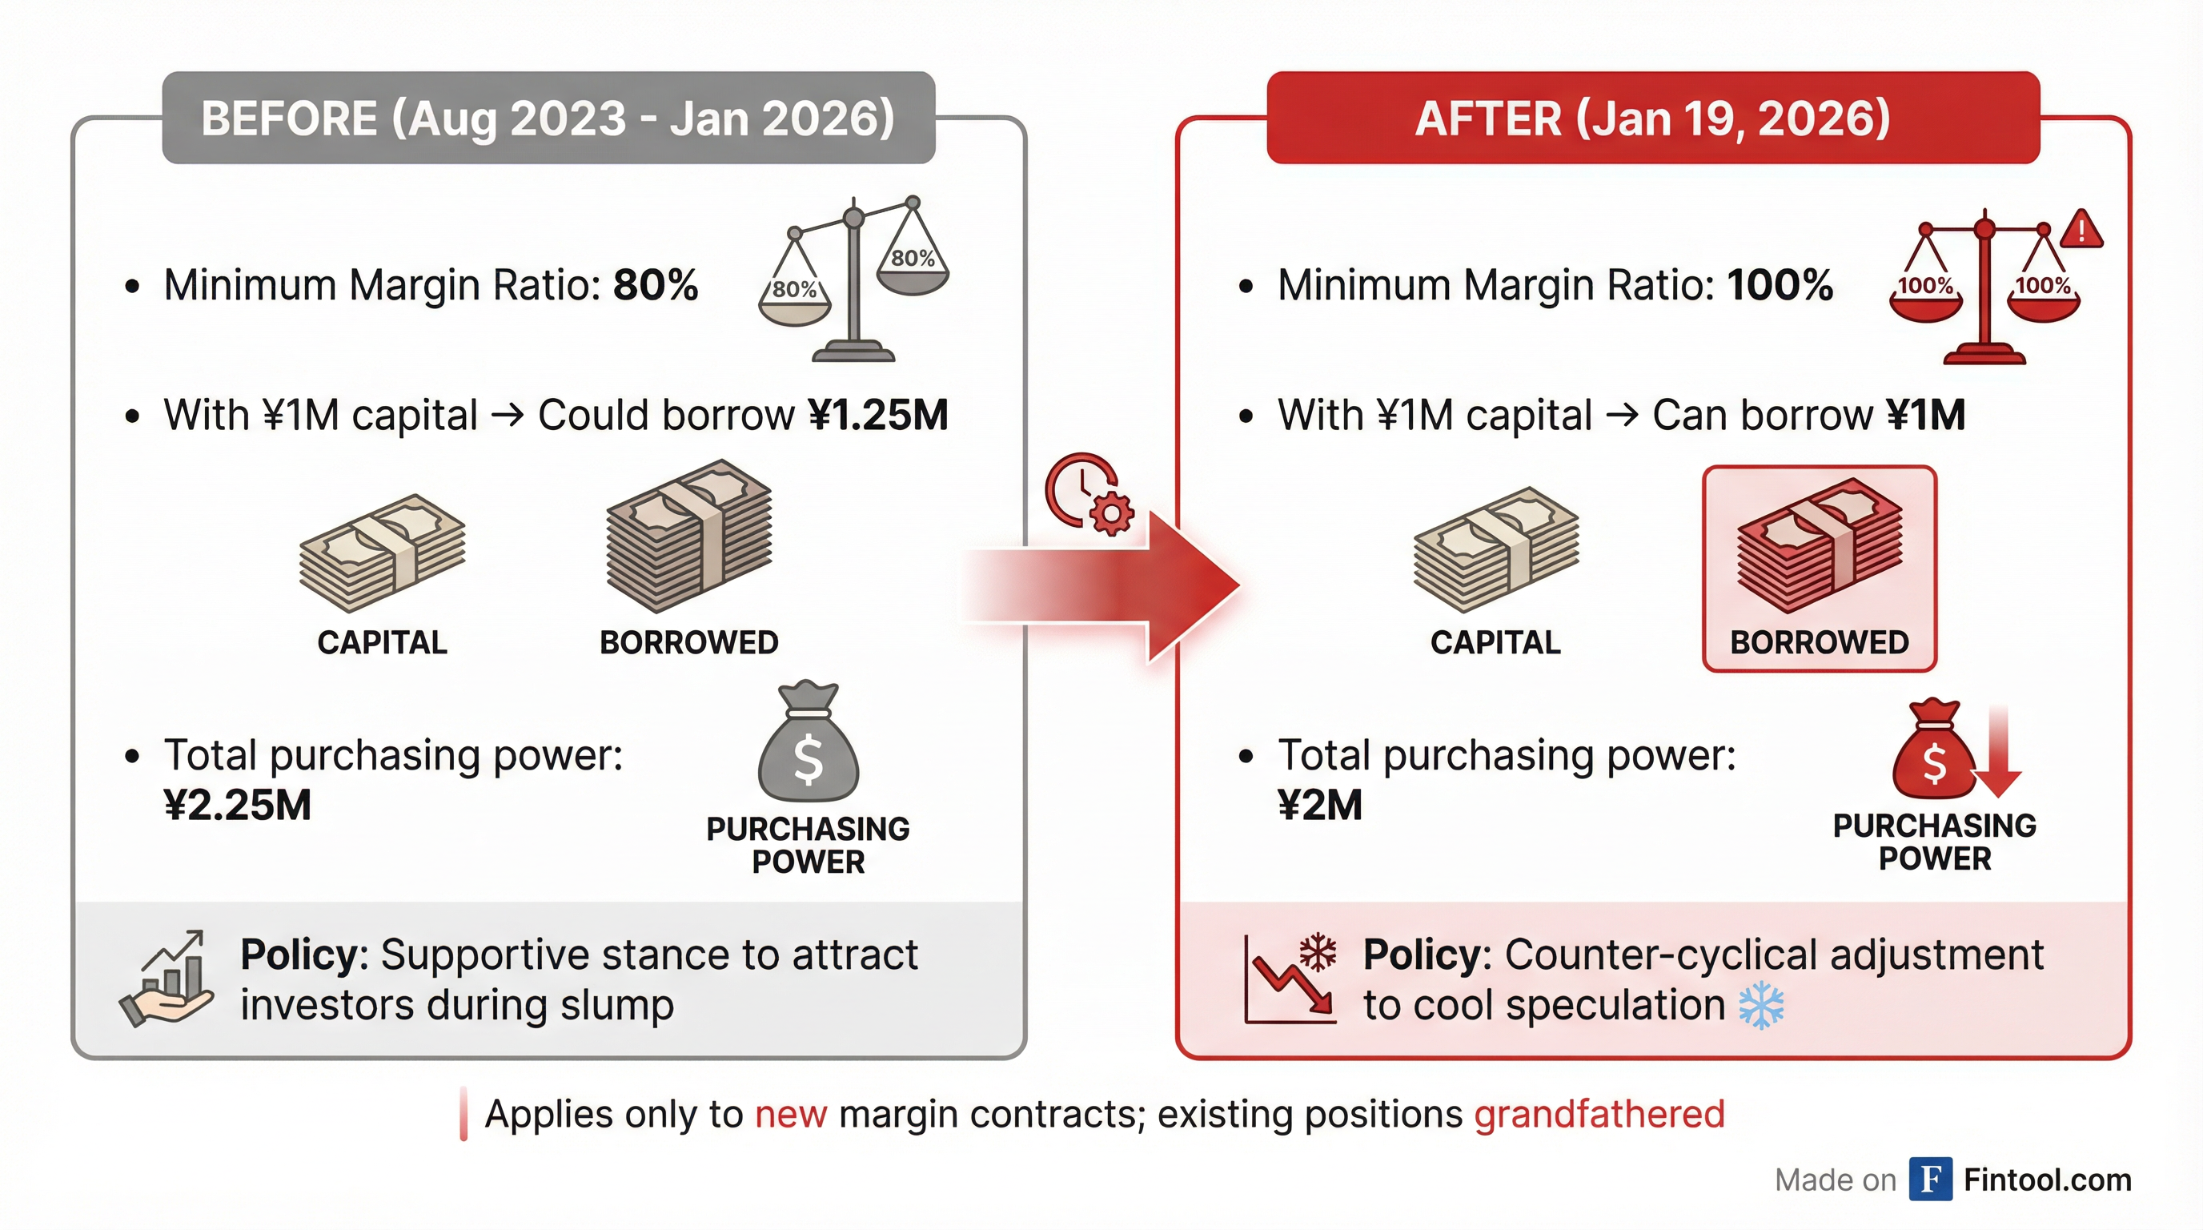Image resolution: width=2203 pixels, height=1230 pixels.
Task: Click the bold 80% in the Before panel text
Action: pyautogui.click(x=656, y=285)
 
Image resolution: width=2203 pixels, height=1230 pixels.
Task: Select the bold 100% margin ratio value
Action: pyautogui.click(x=1780, y=285)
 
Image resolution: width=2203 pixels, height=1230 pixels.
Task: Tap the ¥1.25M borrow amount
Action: pyautogui.click(x=878, y=415)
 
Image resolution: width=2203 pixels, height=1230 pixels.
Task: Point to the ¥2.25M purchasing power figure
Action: pyautogui.click(x=238, y=805)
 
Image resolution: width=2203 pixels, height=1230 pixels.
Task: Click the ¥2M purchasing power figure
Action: pyautogui.click(x=1319, y=805)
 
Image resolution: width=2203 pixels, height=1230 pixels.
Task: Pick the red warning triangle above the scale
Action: pyautogui.click(x=2081, y=228)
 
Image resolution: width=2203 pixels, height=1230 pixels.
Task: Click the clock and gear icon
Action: pyautogui.click(x=1089, y=493)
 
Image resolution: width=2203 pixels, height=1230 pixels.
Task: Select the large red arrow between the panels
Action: pyautogui.click(x=1103, y=586)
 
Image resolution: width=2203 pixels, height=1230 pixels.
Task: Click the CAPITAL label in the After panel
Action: pyautogui.click(x=1495, y=642)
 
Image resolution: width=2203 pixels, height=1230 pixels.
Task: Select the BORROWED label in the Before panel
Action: pyautogui.click(x=689, y=642)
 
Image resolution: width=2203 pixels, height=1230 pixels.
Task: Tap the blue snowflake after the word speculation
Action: pyautogui.click(x=1762, y=1006)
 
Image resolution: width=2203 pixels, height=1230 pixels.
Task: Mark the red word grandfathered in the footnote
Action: pyautogui.click(x=1599, y=1114)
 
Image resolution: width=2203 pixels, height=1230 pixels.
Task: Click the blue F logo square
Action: pyautogui.click(x=1931, y=1179)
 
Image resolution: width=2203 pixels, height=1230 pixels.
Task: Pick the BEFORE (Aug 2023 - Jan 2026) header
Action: pyautogui.click(x=548, y=118)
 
